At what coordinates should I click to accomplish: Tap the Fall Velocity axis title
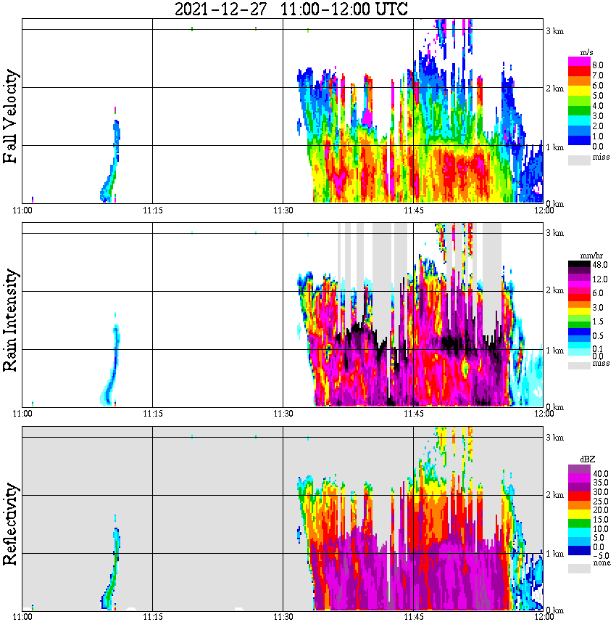pos(11,117)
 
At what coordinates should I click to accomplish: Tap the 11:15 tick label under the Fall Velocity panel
pos(152,210)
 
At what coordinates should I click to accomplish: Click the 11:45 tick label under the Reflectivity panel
pos(413,617)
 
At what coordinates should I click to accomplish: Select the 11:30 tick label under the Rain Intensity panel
pos(283,414)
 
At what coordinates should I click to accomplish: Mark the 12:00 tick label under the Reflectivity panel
pos(544,617)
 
